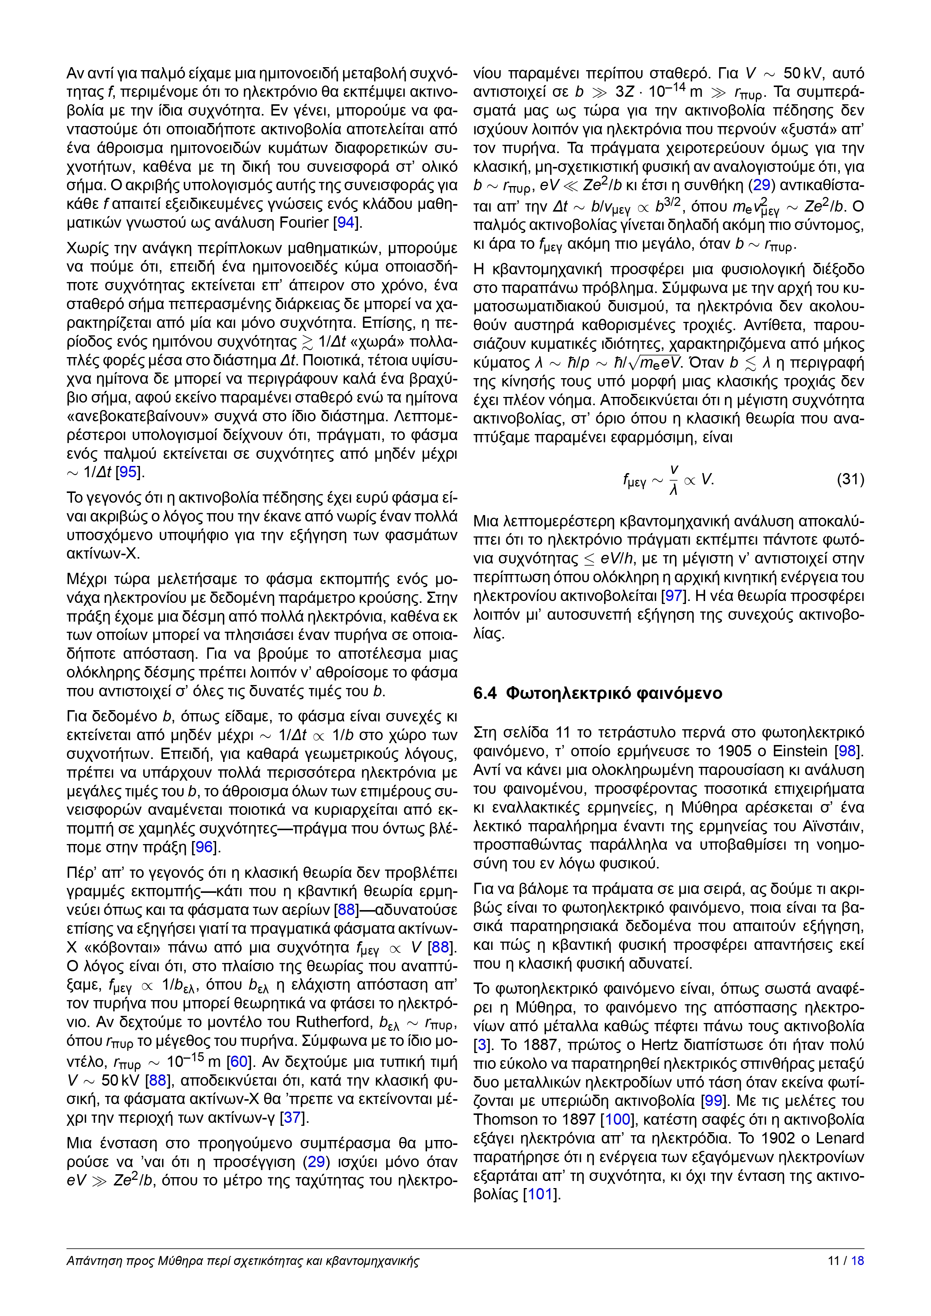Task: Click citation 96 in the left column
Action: pos(204,847)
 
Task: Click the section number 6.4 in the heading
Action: pos(485,694)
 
